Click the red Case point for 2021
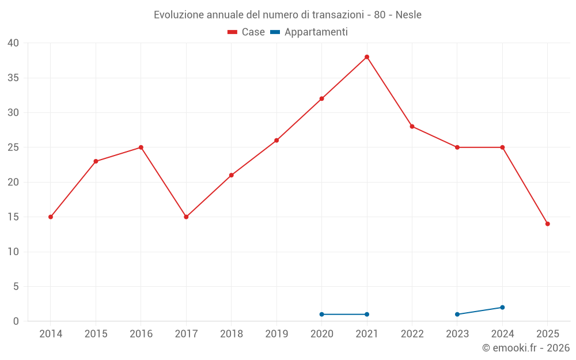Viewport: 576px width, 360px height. coord(367,57)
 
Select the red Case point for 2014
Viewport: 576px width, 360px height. coord(51,217)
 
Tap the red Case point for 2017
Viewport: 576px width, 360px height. coord(186,217)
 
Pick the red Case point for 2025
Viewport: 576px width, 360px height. coord(548,224)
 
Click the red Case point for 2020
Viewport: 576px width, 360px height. coord(321,98)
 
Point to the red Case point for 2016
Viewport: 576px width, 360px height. coord(141,147)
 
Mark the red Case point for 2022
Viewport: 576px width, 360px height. coord(412,127)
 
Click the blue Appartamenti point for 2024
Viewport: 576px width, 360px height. coord(502,308)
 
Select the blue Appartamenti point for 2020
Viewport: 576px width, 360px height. coord(321,314)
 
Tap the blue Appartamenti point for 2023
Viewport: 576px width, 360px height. coord(457,314)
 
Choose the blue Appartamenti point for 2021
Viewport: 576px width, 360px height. coord(367,314)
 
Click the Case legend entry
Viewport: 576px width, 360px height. coord(247,32)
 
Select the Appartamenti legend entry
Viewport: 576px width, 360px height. coord(309,32)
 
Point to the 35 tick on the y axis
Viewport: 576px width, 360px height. coord(13,78)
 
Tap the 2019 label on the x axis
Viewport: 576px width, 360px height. coord(276,334)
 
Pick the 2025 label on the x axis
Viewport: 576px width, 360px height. coord(548,334)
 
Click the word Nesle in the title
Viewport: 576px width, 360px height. coord(408,15)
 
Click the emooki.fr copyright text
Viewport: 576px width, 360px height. coord(526,348)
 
